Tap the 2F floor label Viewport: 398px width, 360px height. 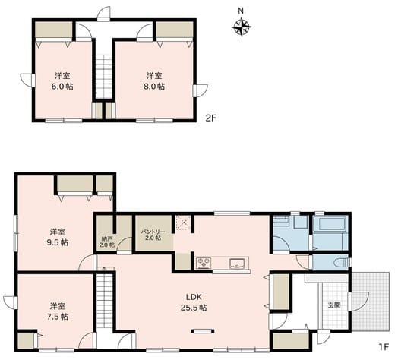pos(210,118)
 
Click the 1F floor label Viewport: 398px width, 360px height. pos(384,347)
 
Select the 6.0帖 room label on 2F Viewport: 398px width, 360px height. pos(62,81)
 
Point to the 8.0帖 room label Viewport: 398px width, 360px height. pos(154,81)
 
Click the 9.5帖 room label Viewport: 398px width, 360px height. pos(58,237)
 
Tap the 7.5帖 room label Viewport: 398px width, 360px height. pos(58,311)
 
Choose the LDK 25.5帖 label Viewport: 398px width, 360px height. pos(194,302)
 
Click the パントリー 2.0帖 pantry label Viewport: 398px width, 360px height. pos(153,235)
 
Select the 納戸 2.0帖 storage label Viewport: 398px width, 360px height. pos(106,242)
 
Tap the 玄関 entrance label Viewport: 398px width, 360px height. pos(334,305)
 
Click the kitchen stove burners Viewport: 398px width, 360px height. pos(204,263)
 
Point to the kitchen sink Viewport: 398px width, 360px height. pos(237,263)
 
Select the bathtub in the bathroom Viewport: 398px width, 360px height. pos(330,224)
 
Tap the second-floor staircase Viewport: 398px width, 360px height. pos(103,77)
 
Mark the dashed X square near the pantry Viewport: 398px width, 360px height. pos(183,223)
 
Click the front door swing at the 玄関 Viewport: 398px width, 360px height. pos(359,302)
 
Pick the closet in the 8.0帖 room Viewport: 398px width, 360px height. pos(175,30)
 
